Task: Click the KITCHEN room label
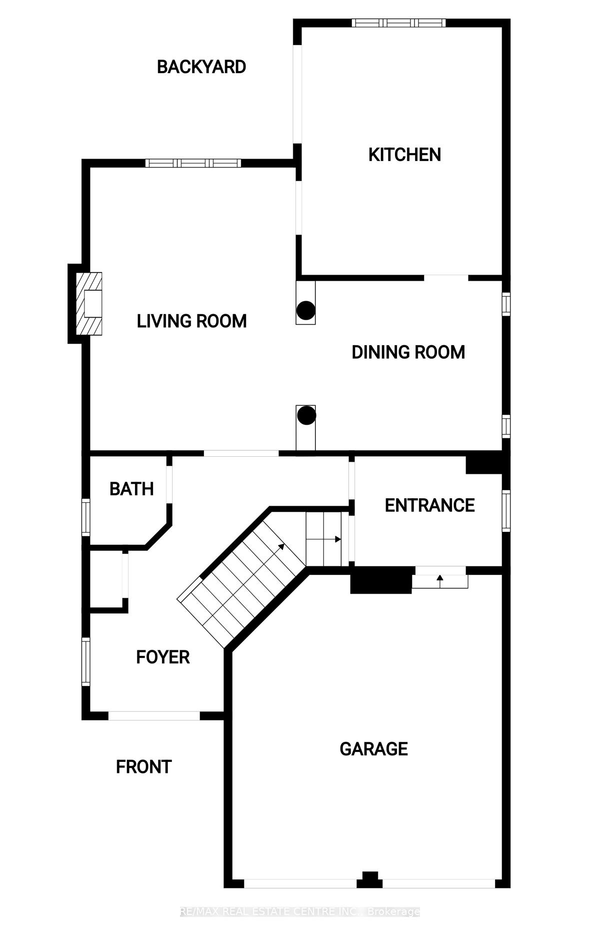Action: [x=404, y=155]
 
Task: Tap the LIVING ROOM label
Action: [x=192, y=321]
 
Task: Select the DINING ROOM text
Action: [x=408, y=352]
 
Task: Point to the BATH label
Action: [x=131, y=489]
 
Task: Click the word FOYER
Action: [x=163, y=657]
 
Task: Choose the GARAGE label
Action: [x=374, y=749]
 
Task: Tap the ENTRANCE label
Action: [x=430, y=505]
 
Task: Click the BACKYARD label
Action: [x=201, y=67]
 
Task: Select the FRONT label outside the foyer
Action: [x=144, y=766]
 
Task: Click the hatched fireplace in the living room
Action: [x=89, y=304]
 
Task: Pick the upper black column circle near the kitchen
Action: [x=305, y=311]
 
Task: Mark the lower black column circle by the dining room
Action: [x=306, y=415]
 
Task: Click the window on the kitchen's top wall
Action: [x=398, y=23]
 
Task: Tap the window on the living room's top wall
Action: [x=193, y=163]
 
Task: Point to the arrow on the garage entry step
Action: [x=440, y=580]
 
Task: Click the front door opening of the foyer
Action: [x=154, y=716]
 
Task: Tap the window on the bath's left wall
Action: [x=86, y=517]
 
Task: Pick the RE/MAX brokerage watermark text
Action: [x=300, y=911]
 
